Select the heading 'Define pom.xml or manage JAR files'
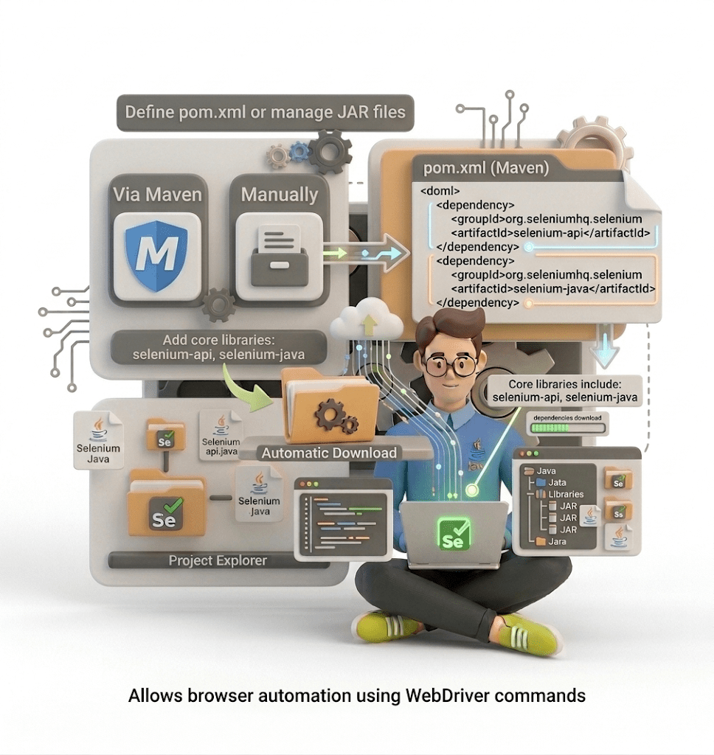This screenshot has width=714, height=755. point(265,113)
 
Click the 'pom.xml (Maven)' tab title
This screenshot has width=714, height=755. point(485,167)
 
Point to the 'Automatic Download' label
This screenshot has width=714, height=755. point(329,453)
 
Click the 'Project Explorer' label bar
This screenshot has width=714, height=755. point(218,560)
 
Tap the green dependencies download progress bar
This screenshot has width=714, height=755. point(566,428)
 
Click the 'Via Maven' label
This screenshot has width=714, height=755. point(156,195)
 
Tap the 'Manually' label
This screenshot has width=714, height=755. point(279,195)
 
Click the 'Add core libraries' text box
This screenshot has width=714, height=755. point(218,347)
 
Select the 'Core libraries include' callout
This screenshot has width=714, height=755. point(566,392)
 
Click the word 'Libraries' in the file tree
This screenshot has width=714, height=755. point(566,494)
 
